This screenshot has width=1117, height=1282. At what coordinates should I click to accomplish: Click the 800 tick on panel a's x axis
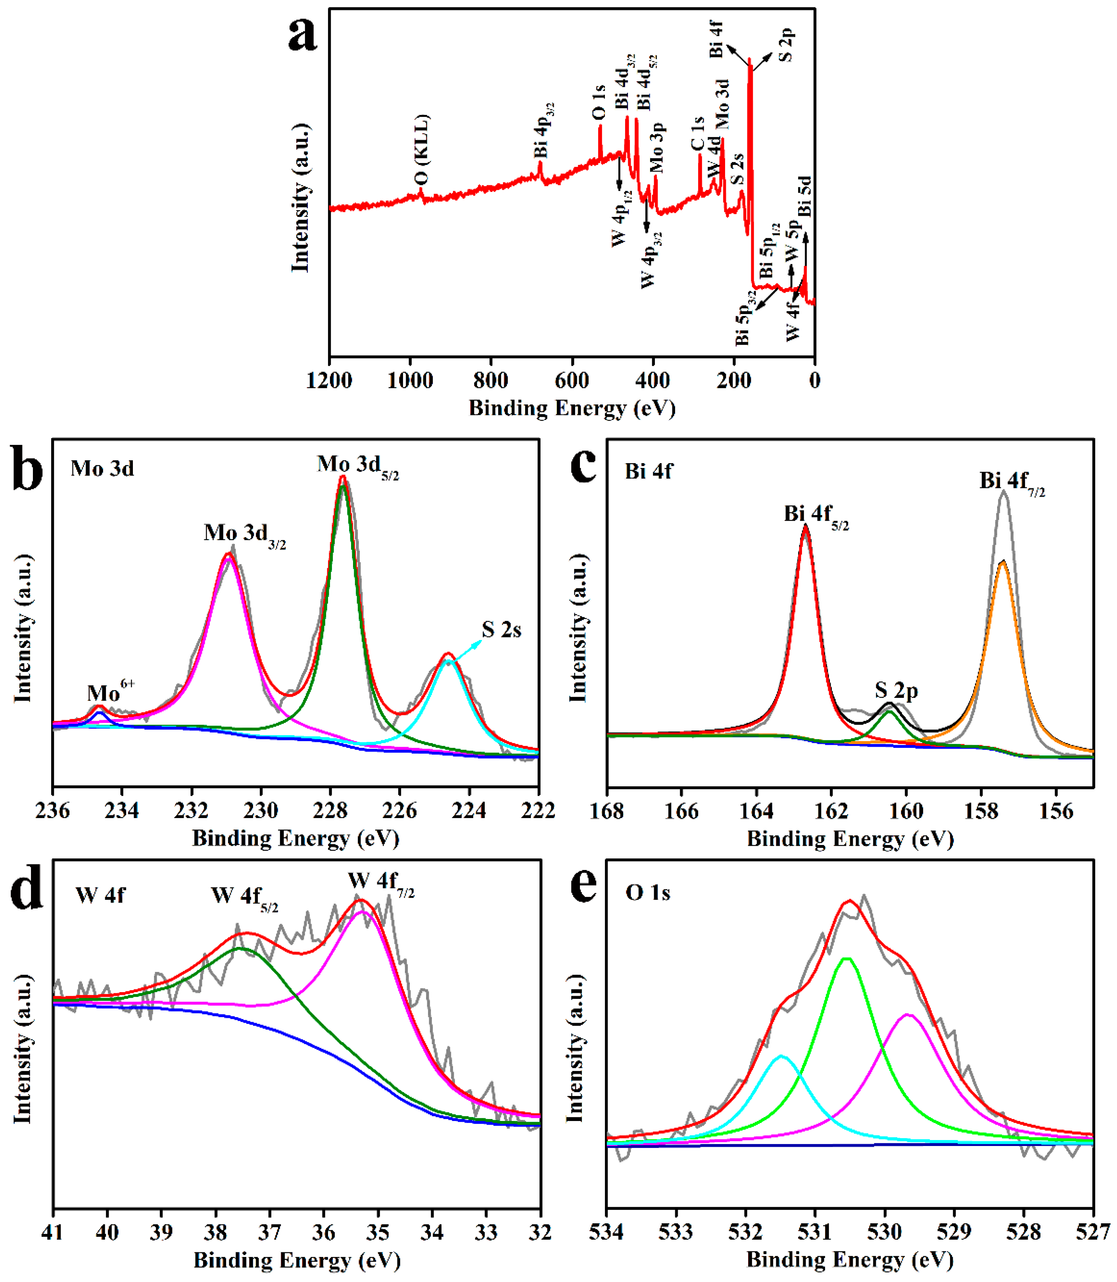click(491, 380)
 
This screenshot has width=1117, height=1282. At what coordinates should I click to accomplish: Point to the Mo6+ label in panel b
click(110, 692)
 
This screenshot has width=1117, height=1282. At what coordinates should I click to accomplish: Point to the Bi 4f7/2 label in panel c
click(1011, 483)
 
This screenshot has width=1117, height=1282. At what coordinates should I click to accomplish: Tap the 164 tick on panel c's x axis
click(756, 811)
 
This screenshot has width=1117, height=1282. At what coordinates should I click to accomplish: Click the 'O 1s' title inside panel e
click(648, 893)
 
